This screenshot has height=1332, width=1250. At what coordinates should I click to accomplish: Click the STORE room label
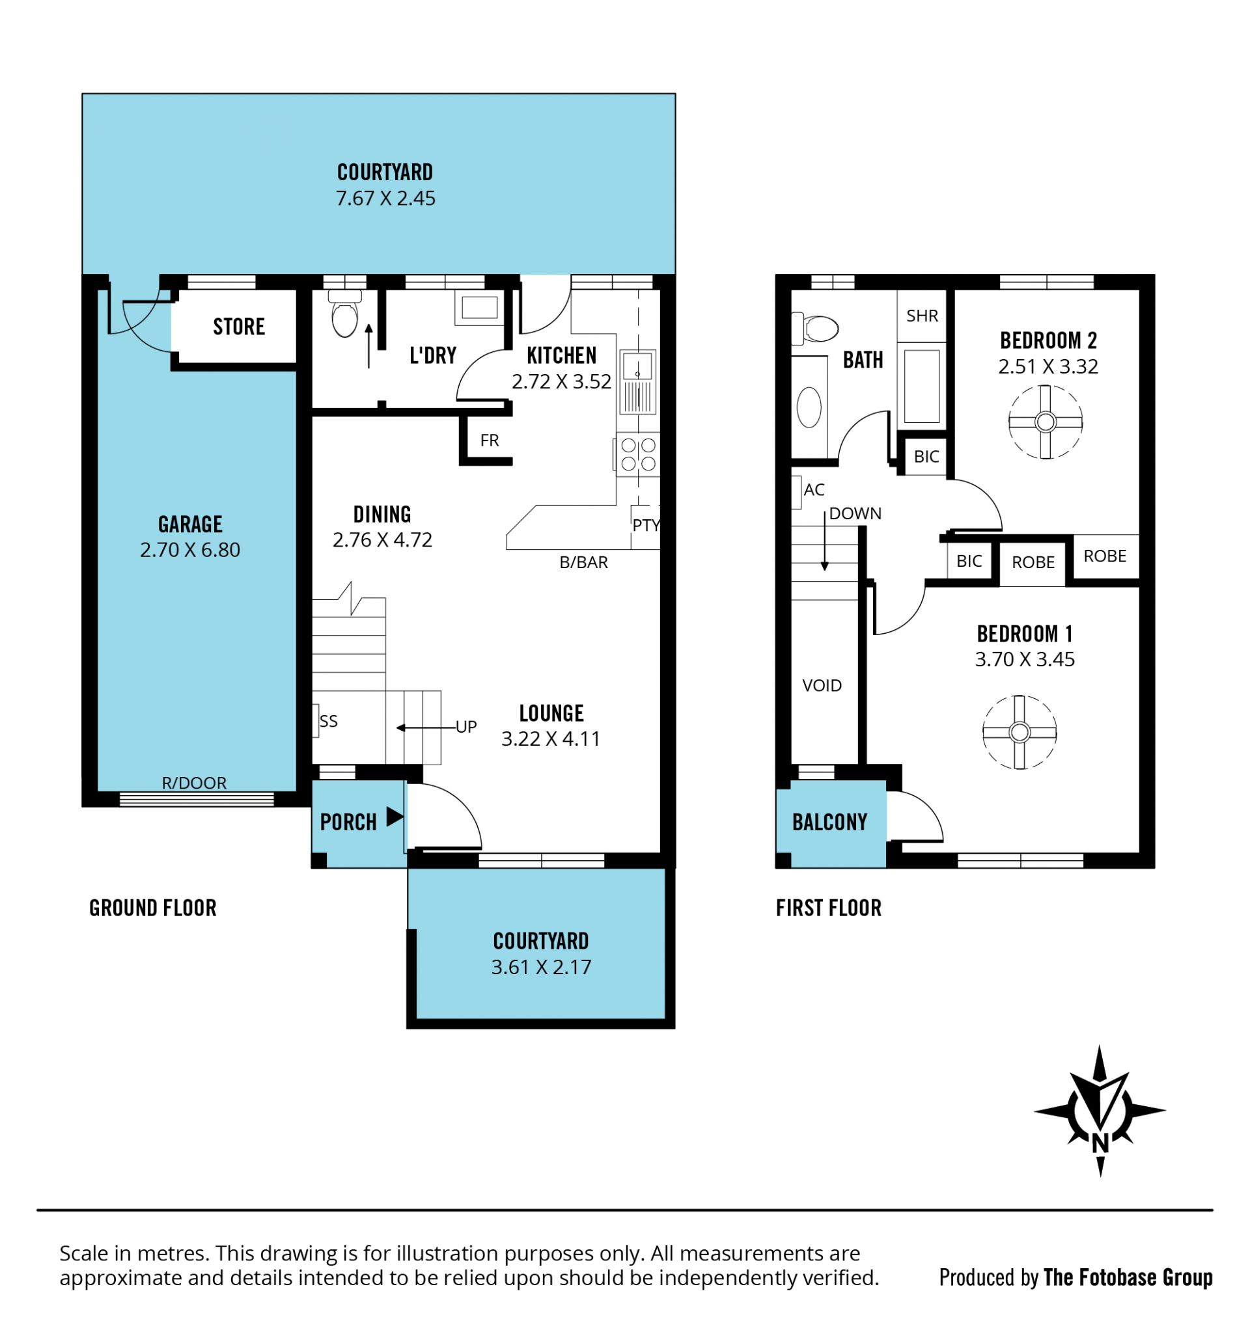coord(238,326)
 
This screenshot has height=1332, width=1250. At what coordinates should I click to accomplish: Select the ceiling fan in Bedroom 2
coord(1045,422)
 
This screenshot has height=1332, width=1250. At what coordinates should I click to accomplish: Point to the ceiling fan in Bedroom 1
coord(1019,731)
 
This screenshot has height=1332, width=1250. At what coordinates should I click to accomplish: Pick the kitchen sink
coord(637,382)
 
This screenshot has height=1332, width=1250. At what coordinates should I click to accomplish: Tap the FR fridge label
coord(490,440)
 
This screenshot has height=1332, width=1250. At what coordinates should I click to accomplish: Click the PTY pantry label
coord(646,525)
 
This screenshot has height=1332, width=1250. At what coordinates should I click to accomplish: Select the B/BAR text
coord(583,562)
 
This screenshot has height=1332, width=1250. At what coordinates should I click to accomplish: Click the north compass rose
coord(1099,1111)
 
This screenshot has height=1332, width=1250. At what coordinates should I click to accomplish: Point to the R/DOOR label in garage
coord(194,783)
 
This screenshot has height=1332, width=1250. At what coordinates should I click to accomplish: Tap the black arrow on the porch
coord(395,817)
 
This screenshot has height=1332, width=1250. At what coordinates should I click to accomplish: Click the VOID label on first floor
coord(822,685)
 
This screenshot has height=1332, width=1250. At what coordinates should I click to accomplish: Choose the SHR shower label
coord(922,316)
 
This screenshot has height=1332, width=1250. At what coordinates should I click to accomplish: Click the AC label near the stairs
coord(814,490)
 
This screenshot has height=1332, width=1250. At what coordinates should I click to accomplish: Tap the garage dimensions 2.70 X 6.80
coord(189,549)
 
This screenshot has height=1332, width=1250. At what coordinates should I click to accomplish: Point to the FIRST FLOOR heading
coord(828,908)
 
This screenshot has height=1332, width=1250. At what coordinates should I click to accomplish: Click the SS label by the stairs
coord(328,721)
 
